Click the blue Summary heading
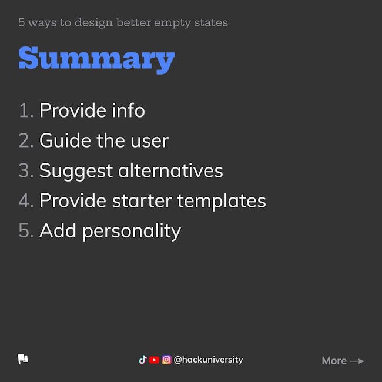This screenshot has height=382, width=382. click(x=97, y=59)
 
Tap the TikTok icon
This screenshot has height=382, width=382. click(x=143, y=360)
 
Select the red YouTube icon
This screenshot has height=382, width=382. click(x=154, y=360)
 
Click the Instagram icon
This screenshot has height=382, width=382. click(x=167, y=360)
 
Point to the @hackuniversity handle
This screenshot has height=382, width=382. click(x=208, y=360)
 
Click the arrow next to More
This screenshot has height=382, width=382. click(x=357, y=361)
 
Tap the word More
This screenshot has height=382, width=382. click(x=334, y=361)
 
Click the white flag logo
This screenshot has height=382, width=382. click(x=23, y=359)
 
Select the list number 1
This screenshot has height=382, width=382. click(x=26, y=110)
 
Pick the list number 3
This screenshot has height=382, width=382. click(x=26, y=170)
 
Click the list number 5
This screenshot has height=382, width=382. click(x=26, y=230)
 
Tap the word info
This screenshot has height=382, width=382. click(x=128, y=110)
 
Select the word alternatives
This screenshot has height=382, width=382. click(x=170, y=170)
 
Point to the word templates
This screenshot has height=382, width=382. click(x=222, y=201)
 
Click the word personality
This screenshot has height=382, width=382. click(x=132, y=231)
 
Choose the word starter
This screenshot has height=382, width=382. click(x=142, y=201)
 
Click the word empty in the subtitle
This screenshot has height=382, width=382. click(x=172, y=23)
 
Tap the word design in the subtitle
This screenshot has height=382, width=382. click(x=94, y=23)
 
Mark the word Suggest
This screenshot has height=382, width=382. click(x=76, y=171)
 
